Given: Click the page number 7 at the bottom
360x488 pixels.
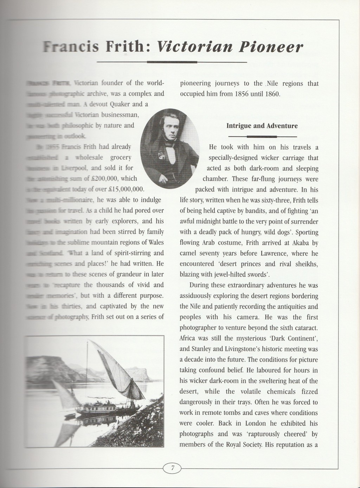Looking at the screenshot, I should click(172, 468).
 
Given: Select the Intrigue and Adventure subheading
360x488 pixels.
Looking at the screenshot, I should click(262, 126).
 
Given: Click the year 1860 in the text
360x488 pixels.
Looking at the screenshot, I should click(270, 94).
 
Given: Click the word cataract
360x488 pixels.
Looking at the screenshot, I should click(306, 328).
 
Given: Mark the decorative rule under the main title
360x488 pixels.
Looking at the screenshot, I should click(172, 62).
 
